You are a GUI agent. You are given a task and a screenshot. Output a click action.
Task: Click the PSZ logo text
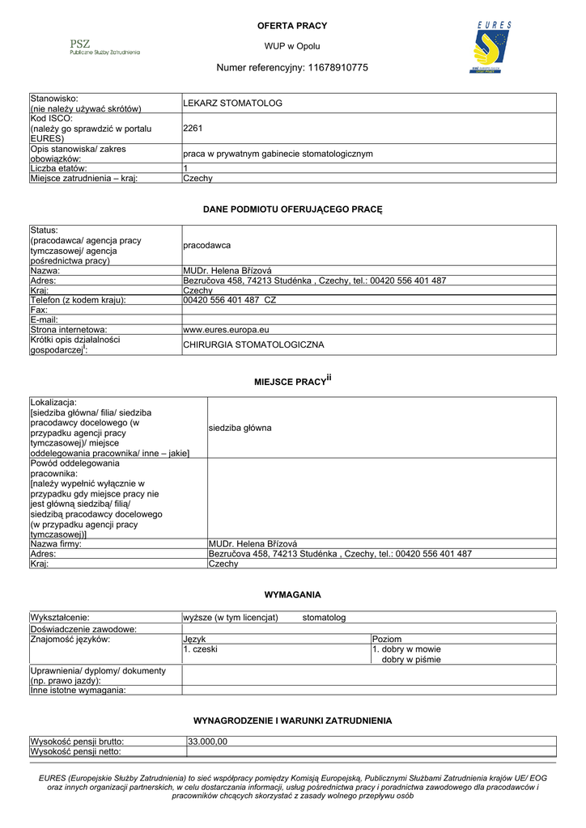(x=81, y=44)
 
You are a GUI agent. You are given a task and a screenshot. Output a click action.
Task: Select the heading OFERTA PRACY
(x=292, y=27)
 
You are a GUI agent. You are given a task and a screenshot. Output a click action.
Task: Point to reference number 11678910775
(x=337, y=68)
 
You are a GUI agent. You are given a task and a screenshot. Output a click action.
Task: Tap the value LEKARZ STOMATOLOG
(x=232, y=103)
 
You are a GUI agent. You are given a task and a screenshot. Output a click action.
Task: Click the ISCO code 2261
(x=193, y=128)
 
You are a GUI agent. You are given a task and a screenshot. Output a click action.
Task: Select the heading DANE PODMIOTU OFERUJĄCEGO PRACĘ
(x=292, y=209)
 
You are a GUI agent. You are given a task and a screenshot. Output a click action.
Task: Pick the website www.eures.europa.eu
(x=226, y=329)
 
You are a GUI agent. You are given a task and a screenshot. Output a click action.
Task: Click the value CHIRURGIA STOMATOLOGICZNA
(x=253, y=344)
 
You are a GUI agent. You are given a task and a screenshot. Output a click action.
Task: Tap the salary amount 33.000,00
(x=208, y=741)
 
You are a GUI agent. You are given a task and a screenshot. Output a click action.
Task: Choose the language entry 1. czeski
(x=200, y=648)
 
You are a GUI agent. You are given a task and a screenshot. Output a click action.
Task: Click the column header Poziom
(x=387, y=639)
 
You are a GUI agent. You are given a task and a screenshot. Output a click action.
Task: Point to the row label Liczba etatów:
(x=65, y=168)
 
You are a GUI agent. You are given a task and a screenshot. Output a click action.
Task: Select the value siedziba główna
(x=240, y=427)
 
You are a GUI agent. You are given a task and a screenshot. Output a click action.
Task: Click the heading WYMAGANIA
(x=292, y=595)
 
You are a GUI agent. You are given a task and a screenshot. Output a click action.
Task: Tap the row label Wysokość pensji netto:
(x=76, y=751)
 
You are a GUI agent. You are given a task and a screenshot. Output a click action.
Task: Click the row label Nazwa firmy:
(x=57, y=543)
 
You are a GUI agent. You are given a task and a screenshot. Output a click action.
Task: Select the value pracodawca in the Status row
(x=207, y=244)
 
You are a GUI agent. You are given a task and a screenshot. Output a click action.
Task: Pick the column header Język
(x=194, y=639)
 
